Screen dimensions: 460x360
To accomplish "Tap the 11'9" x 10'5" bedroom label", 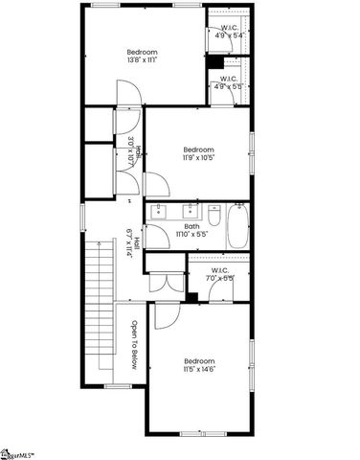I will click(198, 153).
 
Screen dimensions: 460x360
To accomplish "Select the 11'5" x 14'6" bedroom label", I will click(198, 364).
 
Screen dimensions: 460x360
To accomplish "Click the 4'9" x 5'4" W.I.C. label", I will click(230, 32).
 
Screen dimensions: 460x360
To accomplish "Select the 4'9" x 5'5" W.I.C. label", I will click(230, 82).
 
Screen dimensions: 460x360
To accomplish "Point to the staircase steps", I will click(96, 307).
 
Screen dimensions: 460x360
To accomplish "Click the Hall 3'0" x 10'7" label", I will click(134, 153).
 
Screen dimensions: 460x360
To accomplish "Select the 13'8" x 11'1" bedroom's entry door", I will click(128, 94).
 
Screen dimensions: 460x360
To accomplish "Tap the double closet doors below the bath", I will click(163, 284).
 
